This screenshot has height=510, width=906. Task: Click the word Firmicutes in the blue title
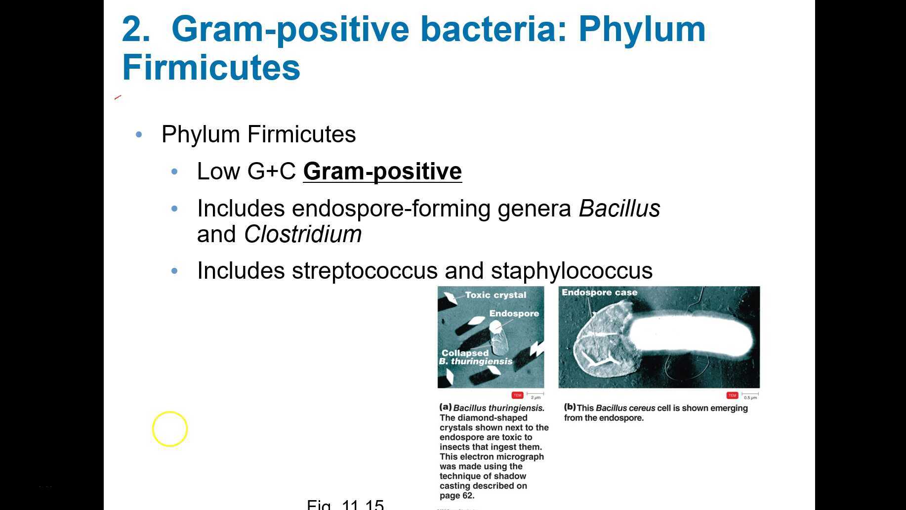[211, 68]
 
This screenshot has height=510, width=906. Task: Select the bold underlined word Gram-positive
[382, 171]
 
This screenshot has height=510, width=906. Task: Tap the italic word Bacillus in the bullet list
[619, 209]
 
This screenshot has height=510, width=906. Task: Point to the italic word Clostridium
[302, 234]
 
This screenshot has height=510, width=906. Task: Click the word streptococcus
[365, 271]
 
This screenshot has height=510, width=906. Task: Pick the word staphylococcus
[572, 271]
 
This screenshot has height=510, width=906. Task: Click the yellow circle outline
[170, 429]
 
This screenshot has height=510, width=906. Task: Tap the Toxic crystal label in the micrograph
[495, 295]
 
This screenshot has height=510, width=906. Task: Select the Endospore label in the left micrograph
[514, 313]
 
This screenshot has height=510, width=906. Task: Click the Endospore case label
[599, 293]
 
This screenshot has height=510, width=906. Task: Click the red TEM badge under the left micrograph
[517, 395]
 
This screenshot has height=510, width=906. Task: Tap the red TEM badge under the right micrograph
[732, 395]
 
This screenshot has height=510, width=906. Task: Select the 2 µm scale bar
[535, 395]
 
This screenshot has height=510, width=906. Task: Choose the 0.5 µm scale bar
[750, 395]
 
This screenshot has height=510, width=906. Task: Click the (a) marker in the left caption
[445, 407]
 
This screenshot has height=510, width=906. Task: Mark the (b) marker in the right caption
[570, 407]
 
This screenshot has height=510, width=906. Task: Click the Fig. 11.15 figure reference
[345, 505]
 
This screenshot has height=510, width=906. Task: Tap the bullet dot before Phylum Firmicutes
[139, 134]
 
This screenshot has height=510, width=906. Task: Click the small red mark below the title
[118, 97]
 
